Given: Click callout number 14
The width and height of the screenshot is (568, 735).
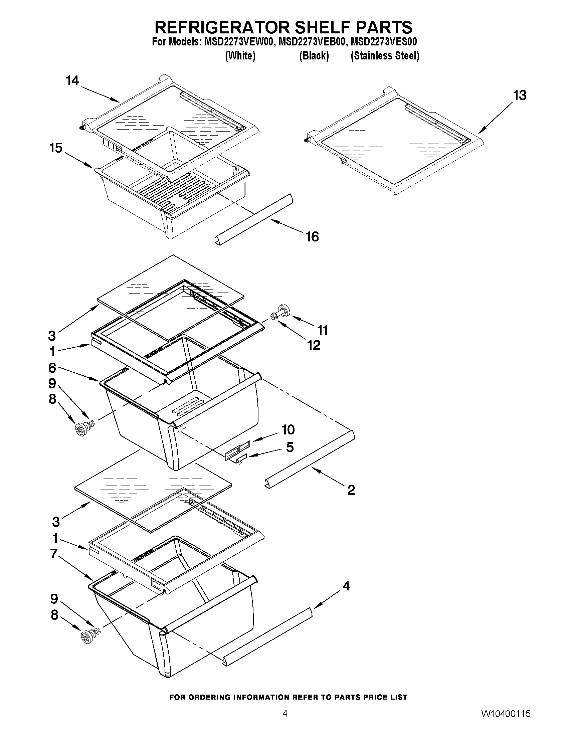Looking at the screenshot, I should tap(72, 81).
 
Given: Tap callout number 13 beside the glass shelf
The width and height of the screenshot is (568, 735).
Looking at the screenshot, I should tap(520, 96).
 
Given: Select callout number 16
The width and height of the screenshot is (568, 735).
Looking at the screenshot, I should tap(312, 237).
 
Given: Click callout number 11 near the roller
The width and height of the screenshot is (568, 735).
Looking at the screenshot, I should tap(323, 331).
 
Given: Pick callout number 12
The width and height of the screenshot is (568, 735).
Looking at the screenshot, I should tap(314, 346).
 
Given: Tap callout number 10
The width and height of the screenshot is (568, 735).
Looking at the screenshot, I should tap(288, 430).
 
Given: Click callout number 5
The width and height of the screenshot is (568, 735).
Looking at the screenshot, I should tap(290, 447).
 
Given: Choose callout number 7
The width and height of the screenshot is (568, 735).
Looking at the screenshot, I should tap(54, 553).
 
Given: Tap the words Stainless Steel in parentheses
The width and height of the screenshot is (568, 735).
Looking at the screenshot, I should tap(385, 56).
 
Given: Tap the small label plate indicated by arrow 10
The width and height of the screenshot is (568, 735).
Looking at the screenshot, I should tap(237, 449).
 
